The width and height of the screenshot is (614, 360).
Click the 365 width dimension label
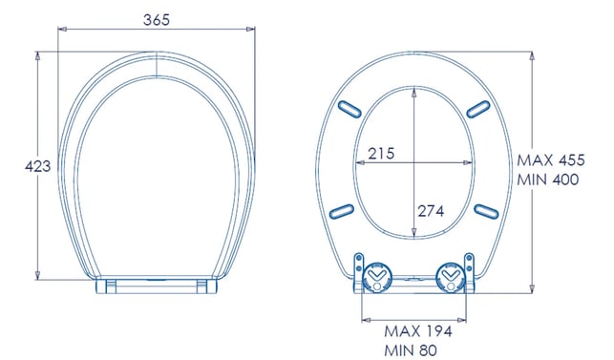click(157, 20)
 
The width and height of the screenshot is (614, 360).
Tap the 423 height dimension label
click(37, 166)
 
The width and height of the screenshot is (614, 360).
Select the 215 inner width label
click(381, 154)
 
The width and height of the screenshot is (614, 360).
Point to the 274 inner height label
click(431, 212)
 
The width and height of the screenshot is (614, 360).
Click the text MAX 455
click(551, 160)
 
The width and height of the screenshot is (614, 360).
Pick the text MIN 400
click(548, 180)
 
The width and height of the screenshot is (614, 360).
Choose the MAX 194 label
click(418, 331)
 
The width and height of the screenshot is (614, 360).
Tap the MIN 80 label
click(411, 350)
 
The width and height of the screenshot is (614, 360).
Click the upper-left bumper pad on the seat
click(349, 109)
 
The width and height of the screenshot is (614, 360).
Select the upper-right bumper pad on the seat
click(478, 109)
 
